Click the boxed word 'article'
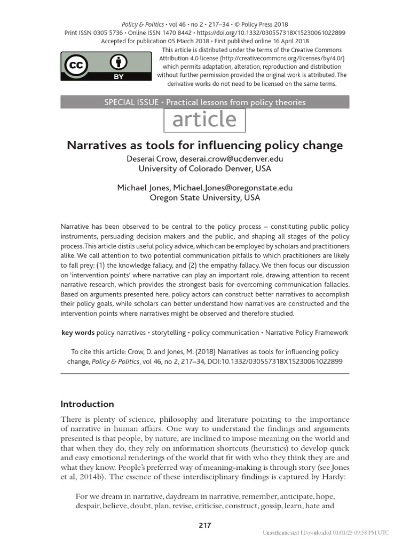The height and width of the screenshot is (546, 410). [204, 120]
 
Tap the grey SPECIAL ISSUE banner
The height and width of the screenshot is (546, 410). [205, 102]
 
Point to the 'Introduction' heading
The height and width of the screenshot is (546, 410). [87, 404]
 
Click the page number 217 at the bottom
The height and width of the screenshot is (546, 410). [205, 525]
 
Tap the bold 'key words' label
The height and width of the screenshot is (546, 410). [78, 333]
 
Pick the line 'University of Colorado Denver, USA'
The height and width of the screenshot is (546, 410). [205, 168]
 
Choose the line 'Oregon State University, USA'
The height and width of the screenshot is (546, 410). [205, 197]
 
